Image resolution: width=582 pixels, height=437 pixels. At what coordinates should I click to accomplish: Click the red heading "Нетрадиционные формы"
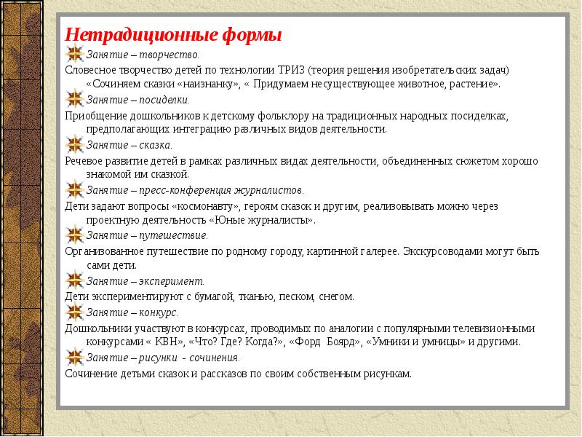[173, 35]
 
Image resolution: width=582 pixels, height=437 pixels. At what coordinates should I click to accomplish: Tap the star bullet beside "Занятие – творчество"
[74, 54]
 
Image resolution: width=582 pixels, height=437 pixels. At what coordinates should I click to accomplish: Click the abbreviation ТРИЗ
[290, 70]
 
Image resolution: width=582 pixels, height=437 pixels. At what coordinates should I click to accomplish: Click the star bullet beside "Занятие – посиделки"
[74, 100]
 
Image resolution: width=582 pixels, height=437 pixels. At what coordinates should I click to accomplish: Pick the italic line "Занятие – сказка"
[129, 145]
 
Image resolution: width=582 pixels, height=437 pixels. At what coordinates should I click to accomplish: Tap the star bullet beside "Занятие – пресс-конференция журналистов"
[74, 190]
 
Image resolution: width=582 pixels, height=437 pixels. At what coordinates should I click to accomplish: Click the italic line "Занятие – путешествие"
[147, 236]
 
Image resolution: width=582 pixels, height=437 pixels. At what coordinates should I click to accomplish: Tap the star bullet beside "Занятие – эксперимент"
[74, 281]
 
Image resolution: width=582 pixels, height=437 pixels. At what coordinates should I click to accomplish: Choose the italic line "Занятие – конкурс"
[132, 312]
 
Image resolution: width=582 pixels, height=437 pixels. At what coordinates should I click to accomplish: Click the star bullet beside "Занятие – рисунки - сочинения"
[74, 358]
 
